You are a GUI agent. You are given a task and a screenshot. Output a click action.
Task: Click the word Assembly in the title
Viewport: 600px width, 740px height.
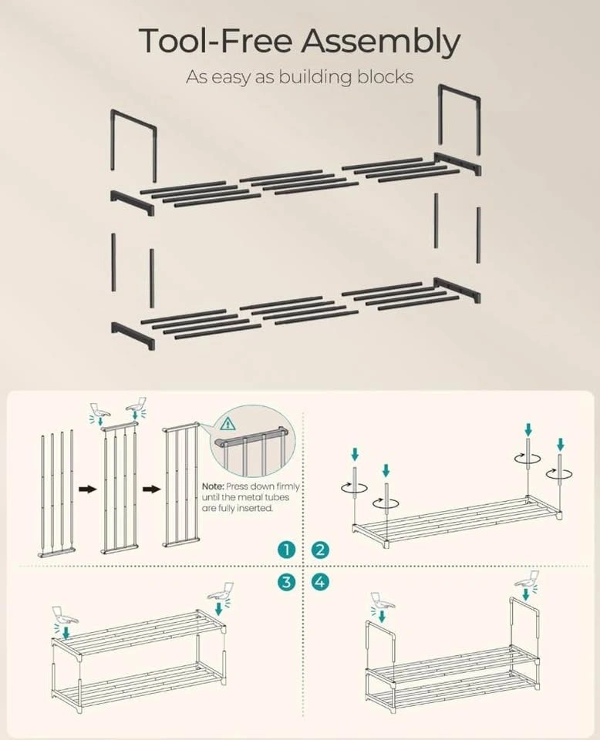coord(380,42)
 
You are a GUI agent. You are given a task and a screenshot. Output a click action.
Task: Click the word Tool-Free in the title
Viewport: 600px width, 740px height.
coord(215,41)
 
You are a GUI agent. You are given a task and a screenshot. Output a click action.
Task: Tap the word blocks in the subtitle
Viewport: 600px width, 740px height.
coord(385,76)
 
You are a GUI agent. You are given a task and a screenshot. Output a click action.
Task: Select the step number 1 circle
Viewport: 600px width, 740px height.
coord(286,550)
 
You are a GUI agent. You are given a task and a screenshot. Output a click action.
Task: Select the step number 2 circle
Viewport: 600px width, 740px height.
coord(320,550)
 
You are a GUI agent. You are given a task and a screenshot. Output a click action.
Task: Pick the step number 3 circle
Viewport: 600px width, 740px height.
coord(286,582)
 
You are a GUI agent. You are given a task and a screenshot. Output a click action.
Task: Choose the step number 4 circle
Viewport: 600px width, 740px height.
coord(320,582)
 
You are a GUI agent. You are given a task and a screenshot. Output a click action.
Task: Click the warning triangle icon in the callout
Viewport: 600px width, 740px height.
coord(228,423)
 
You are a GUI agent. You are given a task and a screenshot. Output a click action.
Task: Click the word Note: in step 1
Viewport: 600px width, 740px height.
coord(213,486)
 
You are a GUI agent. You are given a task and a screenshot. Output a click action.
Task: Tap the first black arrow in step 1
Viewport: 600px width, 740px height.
coord(88,489)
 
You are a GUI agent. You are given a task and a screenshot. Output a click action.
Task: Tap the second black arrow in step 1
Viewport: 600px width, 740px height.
coord(152,489)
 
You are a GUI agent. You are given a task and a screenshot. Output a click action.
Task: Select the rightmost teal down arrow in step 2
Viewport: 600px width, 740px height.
coord(560,444)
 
